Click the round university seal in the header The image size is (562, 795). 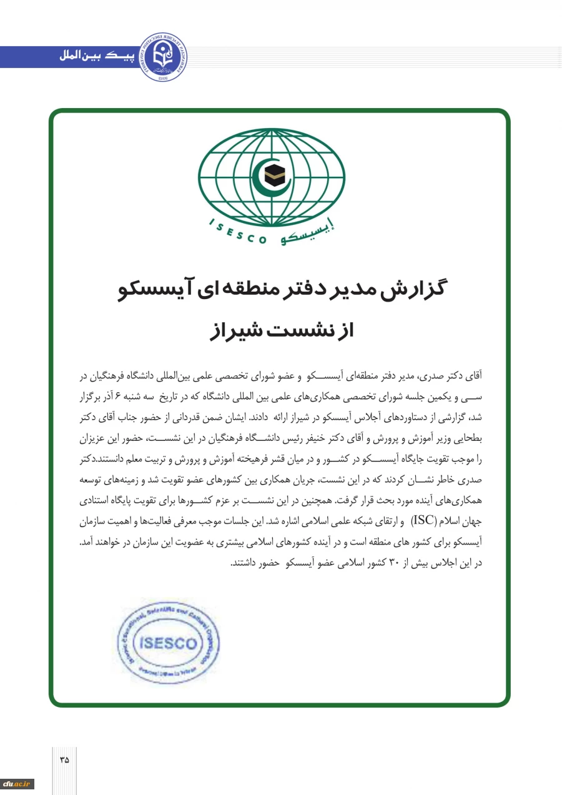[162, 57]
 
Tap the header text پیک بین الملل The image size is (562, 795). [94, 57]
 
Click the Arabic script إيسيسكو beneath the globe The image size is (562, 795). [307, 235]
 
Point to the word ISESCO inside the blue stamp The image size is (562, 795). [169, 644]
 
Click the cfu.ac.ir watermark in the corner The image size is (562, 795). [17, 784]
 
